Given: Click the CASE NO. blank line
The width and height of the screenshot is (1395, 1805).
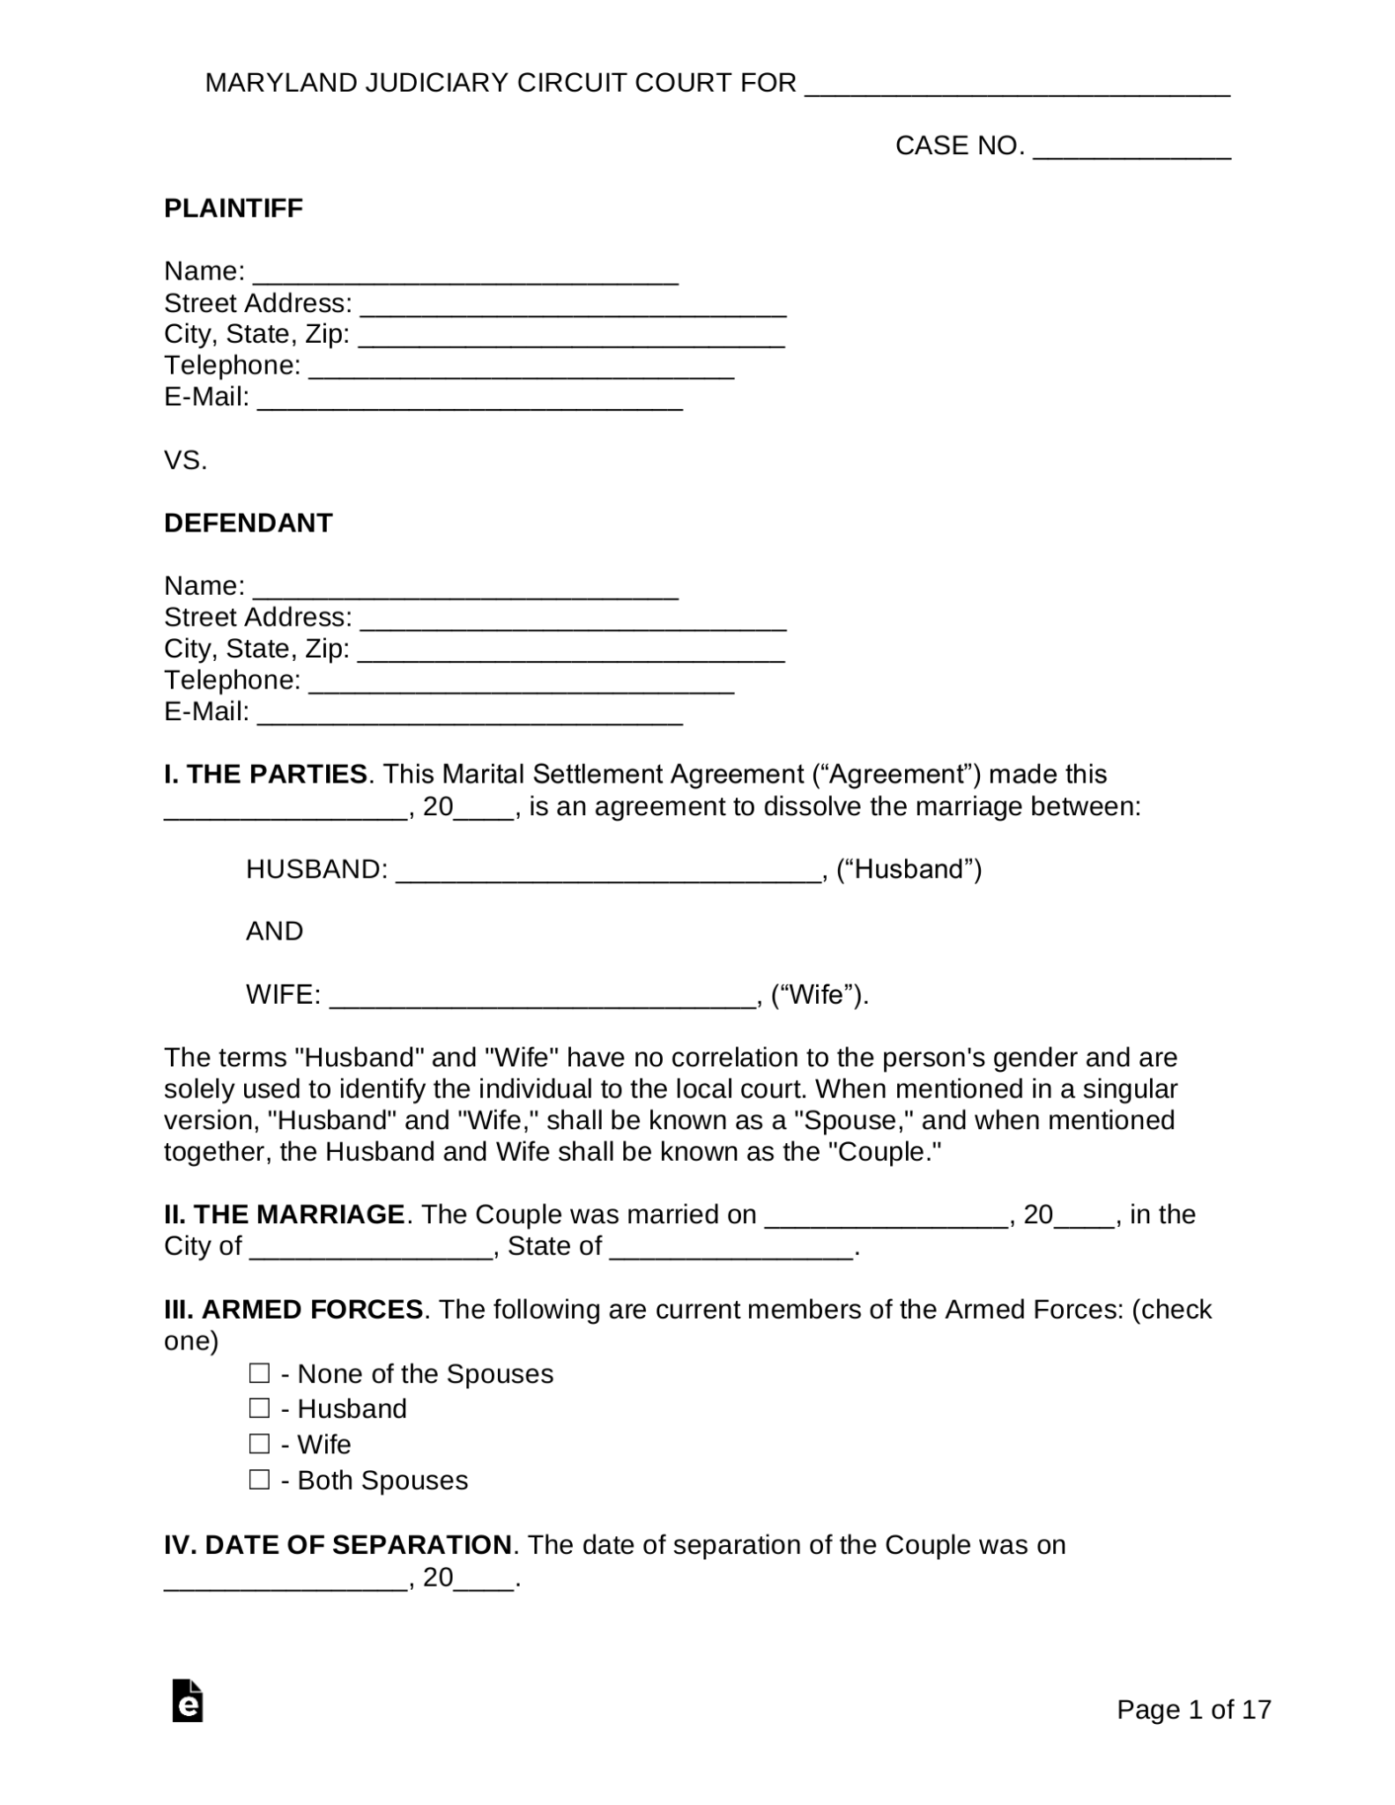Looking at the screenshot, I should point(1131,150).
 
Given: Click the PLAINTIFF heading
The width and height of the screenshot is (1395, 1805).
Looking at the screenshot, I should point(234,208).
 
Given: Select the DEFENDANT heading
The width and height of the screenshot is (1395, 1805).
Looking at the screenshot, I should point(248,523).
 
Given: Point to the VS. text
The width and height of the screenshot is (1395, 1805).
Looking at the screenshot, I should point(185,460).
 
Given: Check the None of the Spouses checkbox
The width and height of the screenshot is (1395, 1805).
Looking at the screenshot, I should point(259,1373).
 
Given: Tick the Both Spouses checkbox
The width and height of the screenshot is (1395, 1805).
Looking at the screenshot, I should point(259,1479).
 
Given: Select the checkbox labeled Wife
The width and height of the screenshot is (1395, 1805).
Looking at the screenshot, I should point(259,1444).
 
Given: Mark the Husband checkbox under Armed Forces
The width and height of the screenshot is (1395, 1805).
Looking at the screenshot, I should point(259,1408).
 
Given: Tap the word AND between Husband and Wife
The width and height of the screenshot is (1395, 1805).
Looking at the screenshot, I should point(274,932).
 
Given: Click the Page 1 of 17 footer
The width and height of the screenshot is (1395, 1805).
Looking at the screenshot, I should point(1193,1709).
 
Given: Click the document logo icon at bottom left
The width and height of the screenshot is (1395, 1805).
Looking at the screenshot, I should point(188,1701).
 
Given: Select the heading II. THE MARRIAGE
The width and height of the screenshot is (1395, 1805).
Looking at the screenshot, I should point(284,1214).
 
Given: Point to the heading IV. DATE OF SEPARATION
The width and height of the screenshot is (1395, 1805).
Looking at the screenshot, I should point(338,1545).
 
